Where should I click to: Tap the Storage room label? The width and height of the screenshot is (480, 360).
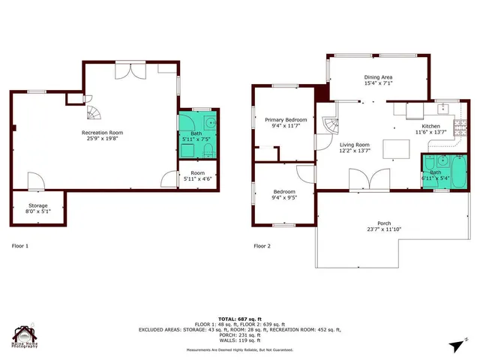coord(38,208)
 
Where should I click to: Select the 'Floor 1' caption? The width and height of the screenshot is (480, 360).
coord(20,245)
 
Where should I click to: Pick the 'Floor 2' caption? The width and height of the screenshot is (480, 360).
coord(262,245)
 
